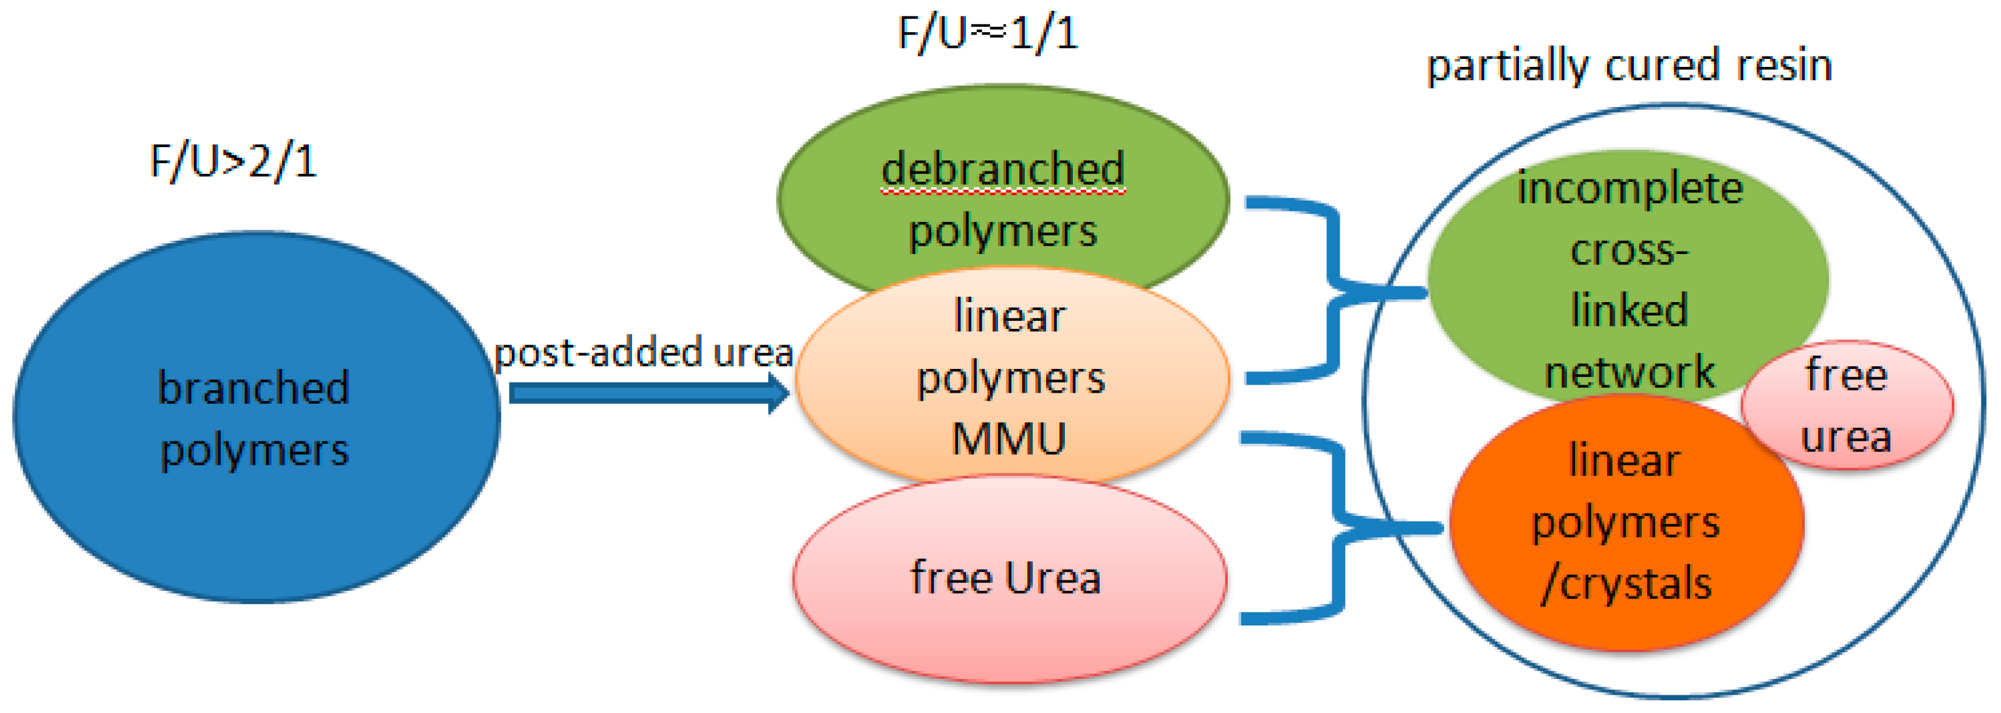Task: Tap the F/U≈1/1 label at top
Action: tap(988, 34)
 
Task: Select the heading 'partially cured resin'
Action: tap(1630, 65)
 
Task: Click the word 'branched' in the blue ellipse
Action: tap(253, 388)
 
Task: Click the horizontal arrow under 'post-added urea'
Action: tap(649, 394)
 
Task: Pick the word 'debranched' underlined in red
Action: tap(1002, 170)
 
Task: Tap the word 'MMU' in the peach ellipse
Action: tap(1009, 439)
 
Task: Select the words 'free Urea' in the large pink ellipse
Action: tap(1006, 579)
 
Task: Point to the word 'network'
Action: tap(1630, 373)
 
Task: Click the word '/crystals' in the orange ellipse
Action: tap(1627, 584)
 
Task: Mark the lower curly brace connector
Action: tap(1338, 528)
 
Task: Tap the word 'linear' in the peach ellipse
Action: tap(1010, 317)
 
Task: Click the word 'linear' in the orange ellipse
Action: tap(1624, 461)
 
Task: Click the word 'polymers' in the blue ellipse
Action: tap(255, 450)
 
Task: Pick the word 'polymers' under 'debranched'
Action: tap(1003, 232)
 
